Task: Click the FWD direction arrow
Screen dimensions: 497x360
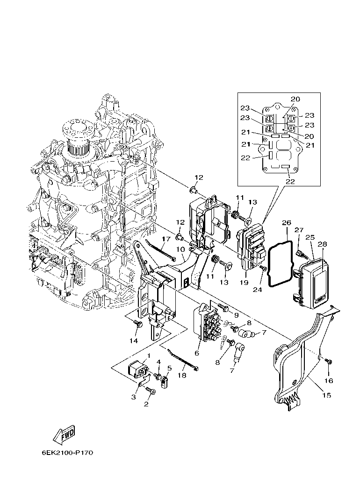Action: pyautogui.click(x=64, y=435)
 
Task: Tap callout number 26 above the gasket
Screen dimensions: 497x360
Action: pyautogui.click(x=286, y=224)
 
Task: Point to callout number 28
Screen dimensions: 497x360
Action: pyautogui.click(x=322, y=244)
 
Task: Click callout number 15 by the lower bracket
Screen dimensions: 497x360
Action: pyautogui.click(x=326, y=395)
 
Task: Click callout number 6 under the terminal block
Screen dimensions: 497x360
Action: pyautogui.click(x=197, y=353)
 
